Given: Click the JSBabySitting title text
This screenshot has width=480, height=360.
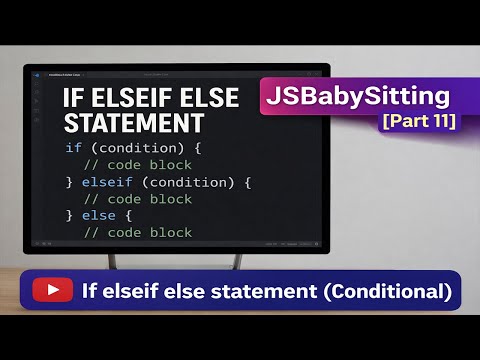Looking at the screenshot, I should coord(356,98).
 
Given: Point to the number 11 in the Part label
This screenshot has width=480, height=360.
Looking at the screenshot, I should coord(439,122).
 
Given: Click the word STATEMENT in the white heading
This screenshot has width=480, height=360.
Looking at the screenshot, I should coord(133,124).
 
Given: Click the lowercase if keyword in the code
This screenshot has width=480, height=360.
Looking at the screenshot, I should coord(73,148).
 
